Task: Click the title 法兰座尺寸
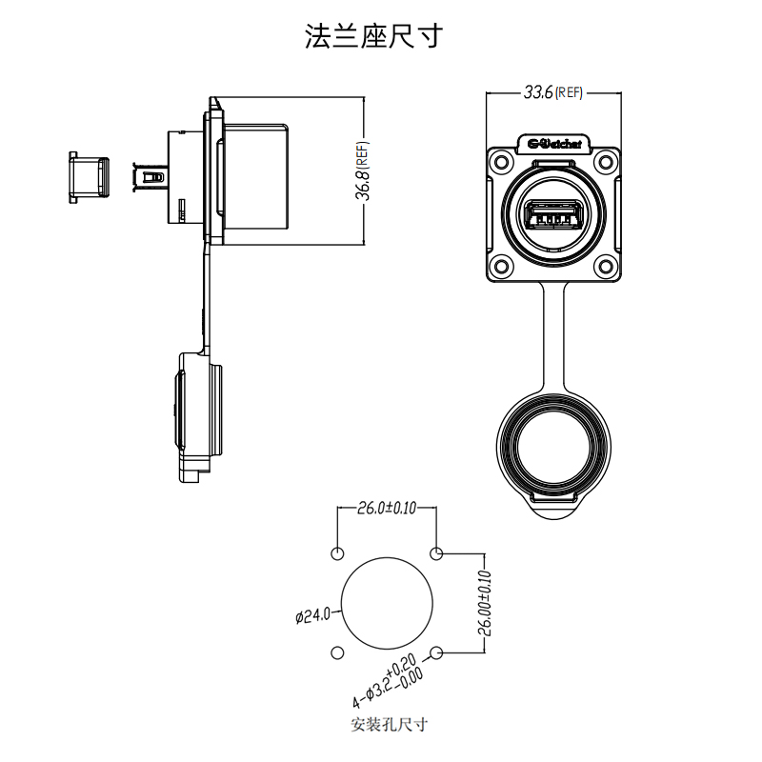373,36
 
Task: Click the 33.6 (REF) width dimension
552,92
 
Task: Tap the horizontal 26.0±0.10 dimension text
387,508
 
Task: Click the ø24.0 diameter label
312,615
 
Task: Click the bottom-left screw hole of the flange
501,267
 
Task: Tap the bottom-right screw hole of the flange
607,267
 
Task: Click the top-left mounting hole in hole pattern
337,554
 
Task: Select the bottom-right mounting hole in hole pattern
437,653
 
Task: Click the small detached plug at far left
88,177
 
